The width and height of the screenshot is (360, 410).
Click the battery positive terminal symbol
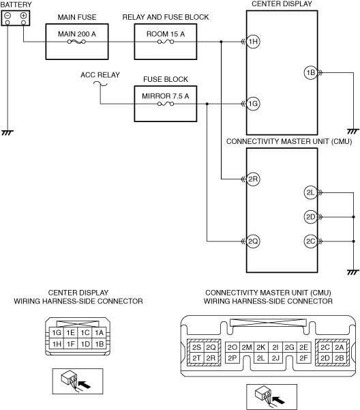[x=23, y=16]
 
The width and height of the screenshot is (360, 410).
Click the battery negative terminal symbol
[x=7, y=16]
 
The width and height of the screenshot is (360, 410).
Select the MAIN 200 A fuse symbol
[x=76, y=42]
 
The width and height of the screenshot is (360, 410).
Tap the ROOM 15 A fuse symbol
[x=166, y=42]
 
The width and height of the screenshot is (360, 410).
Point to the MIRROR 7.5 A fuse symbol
[x=166, y=104]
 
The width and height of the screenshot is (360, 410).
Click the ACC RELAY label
[x=100, y=75]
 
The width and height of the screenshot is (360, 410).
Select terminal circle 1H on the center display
[x=253, y=42]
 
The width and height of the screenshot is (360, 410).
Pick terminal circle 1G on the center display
[x=253, y=104]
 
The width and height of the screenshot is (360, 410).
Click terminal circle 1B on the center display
[x=311, y=73]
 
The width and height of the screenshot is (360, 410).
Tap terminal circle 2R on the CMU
[x=253, y=179]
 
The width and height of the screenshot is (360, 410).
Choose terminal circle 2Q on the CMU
[x=253, y=241]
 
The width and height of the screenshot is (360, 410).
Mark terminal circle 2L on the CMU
[x=311, y=192]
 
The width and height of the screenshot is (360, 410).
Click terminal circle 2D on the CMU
[x=311, y=217]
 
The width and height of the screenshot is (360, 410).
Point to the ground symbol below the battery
[x=7, y=133]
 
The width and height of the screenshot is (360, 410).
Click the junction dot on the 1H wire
[x=222, y=42]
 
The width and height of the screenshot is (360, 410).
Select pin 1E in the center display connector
[x=70, y=333]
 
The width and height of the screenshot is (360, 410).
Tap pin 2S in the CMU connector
[x=196, y=347]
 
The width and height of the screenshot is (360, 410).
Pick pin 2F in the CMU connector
[x=303, y=358]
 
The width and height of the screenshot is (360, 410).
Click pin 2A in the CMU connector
[x=340, y=347]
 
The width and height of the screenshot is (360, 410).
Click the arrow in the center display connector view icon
[x=85, y=384]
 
